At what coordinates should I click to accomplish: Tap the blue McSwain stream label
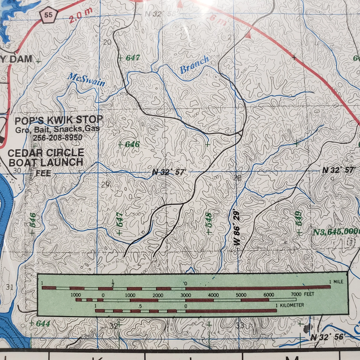(86, 80)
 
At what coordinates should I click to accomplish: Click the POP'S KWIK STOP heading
(59, 120)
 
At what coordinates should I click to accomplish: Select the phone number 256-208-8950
(58, 137)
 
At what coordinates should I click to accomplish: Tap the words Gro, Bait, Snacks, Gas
(58, 129)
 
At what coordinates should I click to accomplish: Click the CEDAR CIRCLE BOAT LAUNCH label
(46, 157)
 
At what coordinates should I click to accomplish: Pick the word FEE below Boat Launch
(43, 173)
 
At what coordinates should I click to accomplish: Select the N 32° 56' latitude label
(327, 337)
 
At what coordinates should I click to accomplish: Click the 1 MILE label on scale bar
(336, 282)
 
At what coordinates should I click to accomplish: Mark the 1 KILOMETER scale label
(290, 305)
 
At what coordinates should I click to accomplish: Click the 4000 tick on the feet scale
(213, 295)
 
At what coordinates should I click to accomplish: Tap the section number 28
(237, 177)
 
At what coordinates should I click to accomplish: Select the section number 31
(10, 287)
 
